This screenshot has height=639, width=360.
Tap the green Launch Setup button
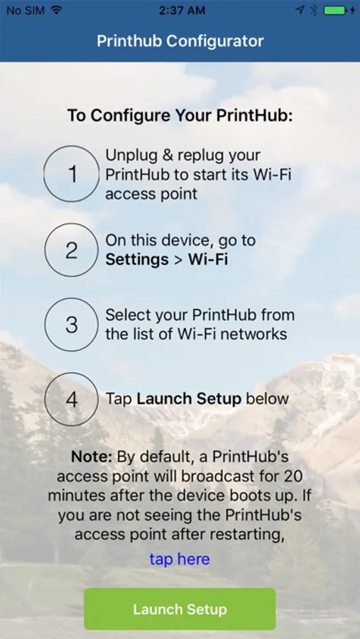pyautogui.click(x=180, y=609)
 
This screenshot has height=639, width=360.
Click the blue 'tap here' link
pyautogui.click(x=180, y=559)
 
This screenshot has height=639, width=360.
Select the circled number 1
pyautogui.click(x=72, y=174)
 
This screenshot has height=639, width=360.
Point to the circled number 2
pyautogui.click(x=72, y=250)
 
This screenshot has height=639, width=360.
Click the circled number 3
pyautogui.click(x=72, y=324)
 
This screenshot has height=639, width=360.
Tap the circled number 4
pyautogui.click(x=72, y=399)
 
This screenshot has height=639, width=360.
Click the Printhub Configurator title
pyautogui.click(x=180, y=41)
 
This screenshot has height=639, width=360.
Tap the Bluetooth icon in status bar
pyautogui.click(x=314, y=11)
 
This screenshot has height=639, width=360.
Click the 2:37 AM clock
pyautogui.click(x=182, y=11)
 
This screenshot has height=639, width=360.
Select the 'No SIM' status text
pyautogui.click(x=26, y=11)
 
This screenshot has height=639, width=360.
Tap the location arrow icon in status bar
pyautogui.click(x=300, y=11)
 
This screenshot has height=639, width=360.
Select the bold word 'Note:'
pyautogui.click(x=92, y=457)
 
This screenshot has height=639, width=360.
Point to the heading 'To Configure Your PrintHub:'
pyautogui.click(x=180, y=116)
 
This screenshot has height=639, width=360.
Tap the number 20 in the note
pyautogui.click(x=293, y=476)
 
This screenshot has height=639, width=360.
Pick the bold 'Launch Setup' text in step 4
pyautogui.click(x=189, y=399)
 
